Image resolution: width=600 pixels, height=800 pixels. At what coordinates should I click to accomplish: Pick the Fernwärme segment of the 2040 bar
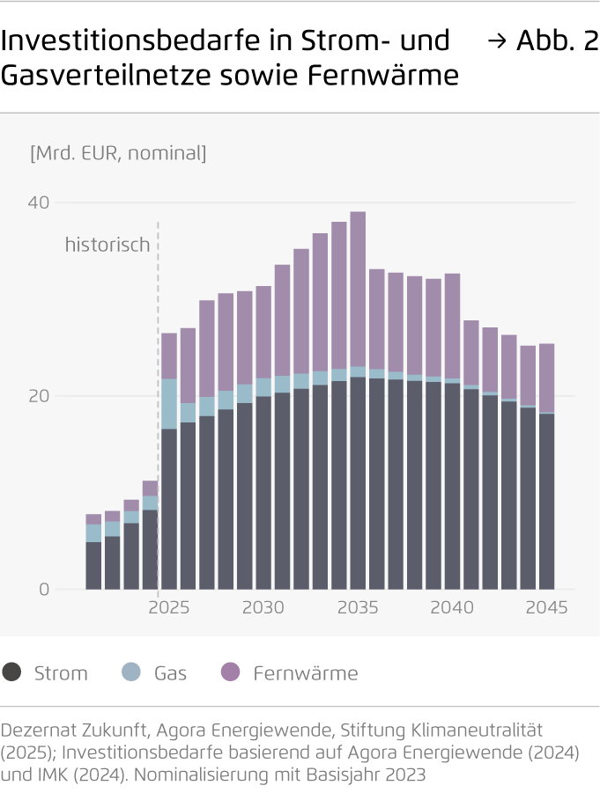click(452, 326)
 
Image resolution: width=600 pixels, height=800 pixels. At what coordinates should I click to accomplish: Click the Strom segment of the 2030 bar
click(263, 493)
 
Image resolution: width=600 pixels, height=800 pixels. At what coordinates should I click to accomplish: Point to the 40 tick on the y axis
click(40, 202)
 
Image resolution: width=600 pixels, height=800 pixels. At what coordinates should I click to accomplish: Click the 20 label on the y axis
click(40, 396)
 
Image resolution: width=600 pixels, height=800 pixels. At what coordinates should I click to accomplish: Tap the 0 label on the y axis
click(44, 590)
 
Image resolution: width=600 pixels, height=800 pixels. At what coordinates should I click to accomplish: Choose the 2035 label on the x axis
click(358, 608)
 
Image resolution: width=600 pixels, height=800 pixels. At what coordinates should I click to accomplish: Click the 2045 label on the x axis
click(547, 608)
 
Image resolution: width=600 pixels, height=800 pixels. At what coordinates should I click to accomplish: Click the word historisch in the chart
click(107, 245)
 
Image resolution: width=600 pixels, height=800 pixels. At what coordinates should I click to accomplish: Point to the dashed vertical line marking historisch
click(158, 352)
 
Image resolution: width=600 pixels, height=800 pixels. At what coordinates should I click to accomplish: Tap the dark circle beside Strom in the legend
click(12, 672)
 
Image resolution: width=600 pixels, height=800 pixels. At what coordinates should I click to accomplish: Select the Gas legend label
click(170, 673)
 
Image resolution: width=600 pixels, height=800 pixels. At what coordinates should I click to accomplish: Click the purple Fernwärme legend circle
click(231, 672)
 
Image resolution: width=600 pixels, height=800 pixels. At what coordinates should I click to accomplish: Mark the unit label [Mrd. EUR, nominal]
click(118, 153)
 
